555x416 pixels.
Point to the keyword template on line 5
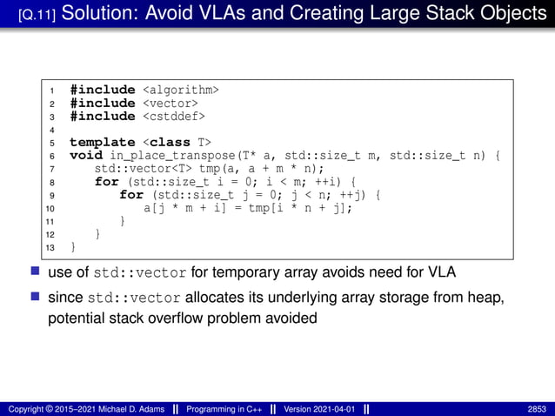tap(102, 142)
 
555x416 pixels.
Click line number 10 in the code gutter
tap(50, 209)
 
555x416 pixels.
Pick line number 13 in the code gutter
tap(50, 248)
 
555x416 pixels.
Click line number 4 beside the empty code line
tap(52, 130)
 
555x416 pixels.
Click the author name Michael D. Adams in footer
tap(126, 408)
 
